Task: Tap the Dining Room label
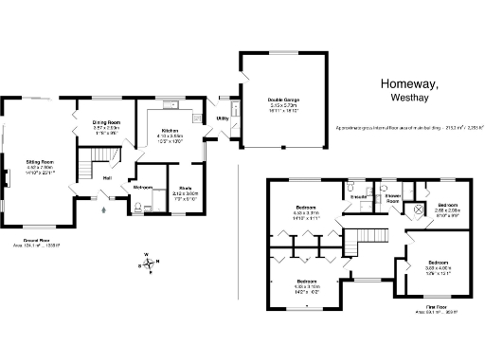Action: point(105,123)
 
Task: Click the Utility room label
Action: point(222,118)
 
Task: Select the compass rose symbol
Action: point(147,262)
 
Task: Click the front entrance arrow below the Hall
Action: point(103,209)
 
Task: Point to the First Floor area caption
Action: point(435,309)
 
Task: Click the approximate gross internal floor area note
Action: point(399,126)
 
